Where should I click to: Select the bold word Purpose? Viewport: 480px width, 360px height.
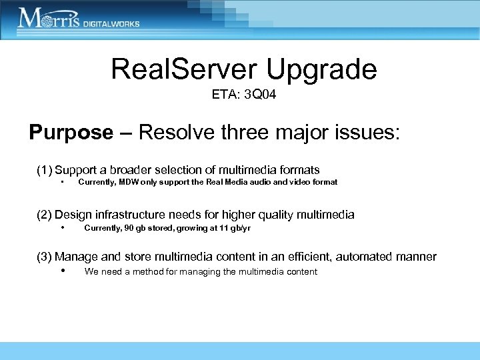[71, 132]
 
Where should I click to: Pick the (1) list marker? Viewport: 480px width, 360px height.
[44, 170]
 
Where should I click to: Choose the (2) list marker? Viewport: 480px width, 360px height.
[44, 215]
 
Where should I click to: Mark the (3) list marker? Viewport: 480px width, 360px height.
[44, 257]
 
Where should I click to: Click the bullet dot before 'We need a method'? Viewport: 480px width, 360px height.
[62, 271]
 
